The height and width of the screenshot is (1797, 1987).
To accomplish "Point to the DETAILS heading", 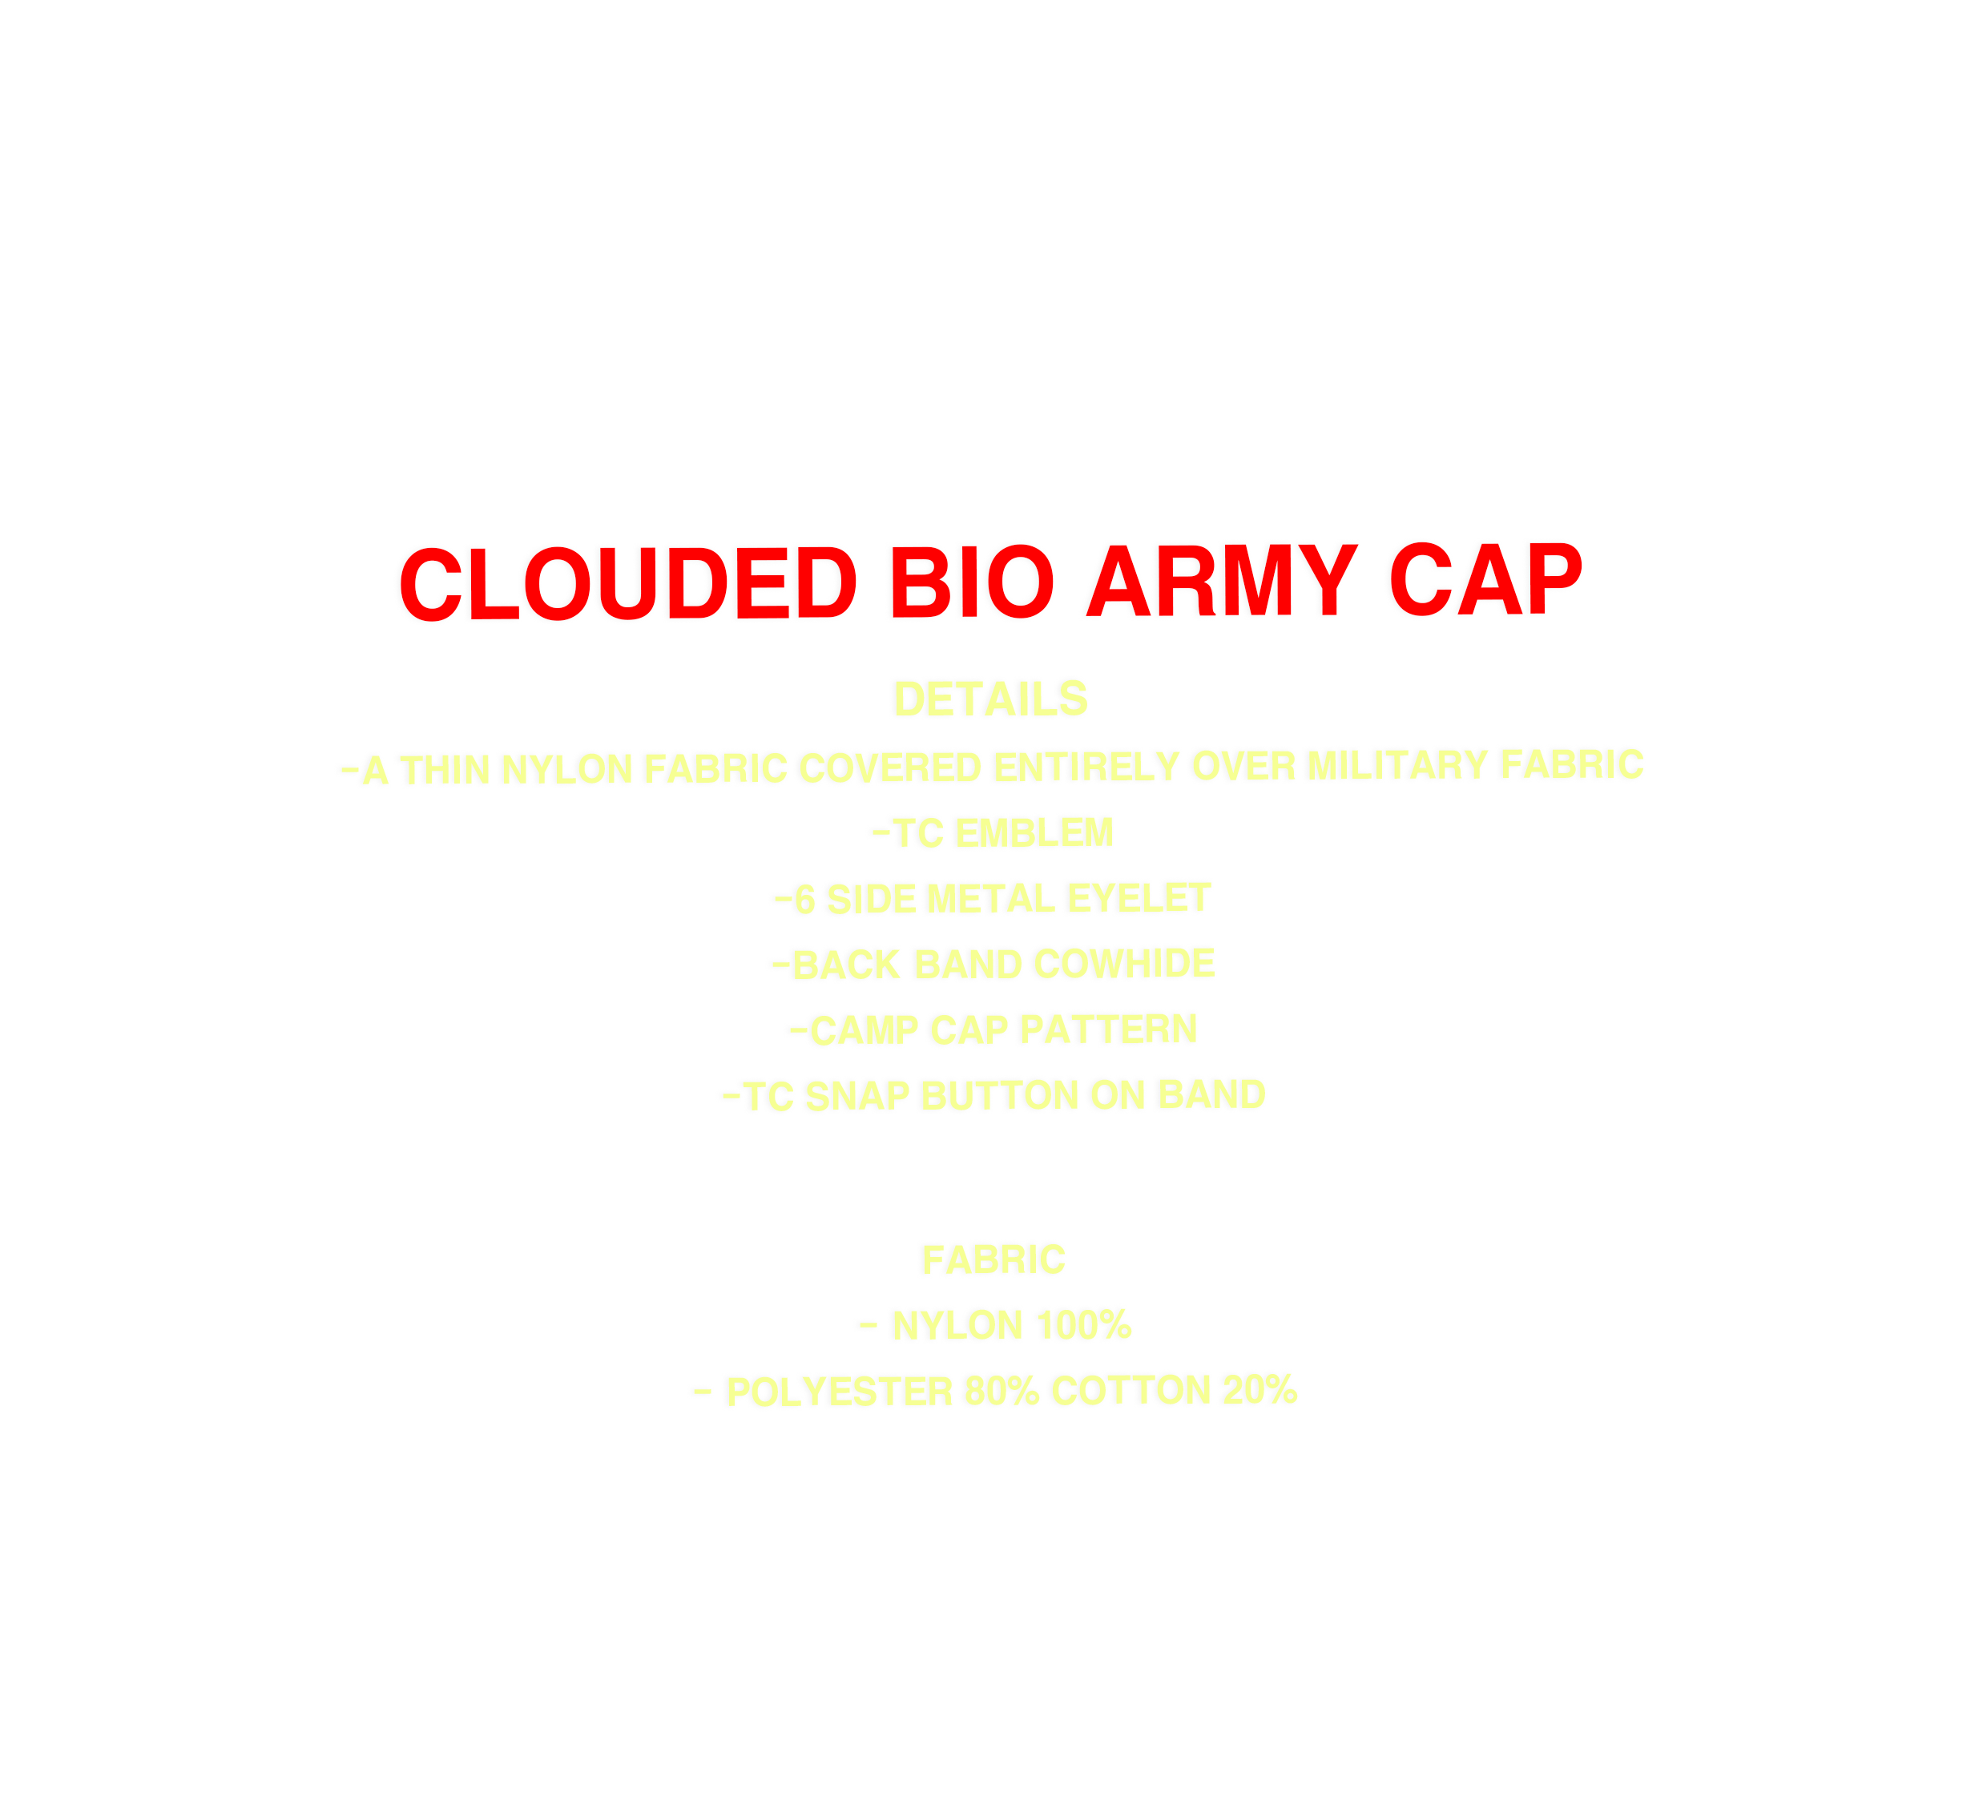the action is tap(990, 699).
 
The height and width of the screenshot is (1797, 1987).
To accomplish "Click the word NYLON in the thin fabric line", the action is tap(566, 769).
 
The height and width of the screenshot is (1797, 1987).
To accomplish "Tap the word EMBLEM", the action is tap(1034, 833).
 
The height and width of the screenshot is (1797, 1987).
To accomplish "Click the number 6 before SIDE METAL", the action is tap(805, 900).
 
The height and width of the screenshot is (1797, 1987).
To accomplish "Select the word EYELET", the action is tap(1139, 897).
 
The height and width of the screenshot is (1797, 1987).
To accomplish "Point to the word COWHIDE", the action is tap(1125, 963).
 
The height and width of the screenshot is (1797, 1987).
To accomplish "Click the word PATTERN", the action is tap(1109, 1029).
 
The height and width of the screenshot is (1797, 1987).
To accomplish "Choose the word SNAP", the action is tap(856, 1096).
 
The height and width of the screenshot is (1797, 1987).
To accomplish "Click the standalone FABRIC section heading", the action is tap(994, 1259).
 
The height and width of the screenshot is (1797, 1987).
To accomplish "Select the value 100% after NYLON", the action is tap(1083, 1325).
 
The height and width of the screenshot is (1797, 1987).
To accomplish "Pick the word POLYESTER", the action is tap(840, 1392).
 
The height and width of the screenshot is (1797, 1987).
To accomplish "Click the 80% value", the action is tap(1002, 1391).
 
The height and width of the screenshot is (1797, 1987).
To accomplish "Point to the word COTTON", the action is tap(1131, 1390).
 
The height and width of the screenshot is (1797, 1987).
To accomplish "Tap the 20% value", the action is tap(1260, 1389).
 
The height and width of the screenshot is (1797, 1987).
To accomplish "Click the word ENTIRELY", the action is tap(1086, 767).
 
